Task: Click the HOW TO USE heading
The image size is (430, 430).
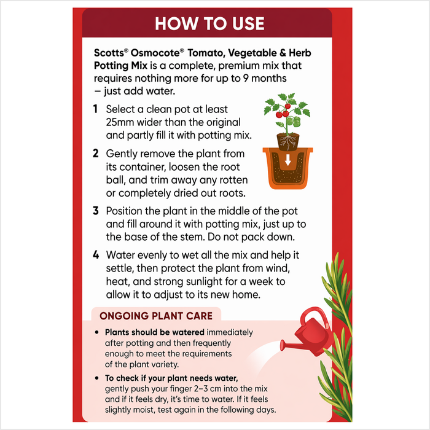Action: (209, 23)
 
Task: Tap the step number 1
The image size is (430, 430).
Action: (95, 109)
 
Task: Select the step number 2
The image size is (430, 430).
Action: (95, 154)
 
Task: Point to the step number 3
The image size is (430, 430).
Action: (95, 211)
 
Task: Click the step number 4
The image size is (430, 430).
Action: (96, 255)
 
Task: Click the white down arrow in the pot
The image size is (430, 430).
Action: (287, 160)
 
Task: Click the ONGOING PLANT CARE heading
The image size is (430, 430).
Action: (156, 316)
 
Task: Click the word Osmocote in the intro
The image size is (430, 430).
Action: (155, 53)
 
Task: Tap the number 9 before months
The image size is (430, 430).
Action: (246, 79)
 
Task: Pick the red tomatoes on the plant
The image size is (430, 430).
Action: (283, 111)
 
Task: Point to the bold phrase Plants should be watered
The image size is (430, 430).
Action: (155, 332)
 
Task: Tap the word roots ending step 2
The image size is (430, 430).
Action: (232, 193)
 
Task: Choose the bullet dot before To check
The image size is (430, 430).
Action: (96, 378)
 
